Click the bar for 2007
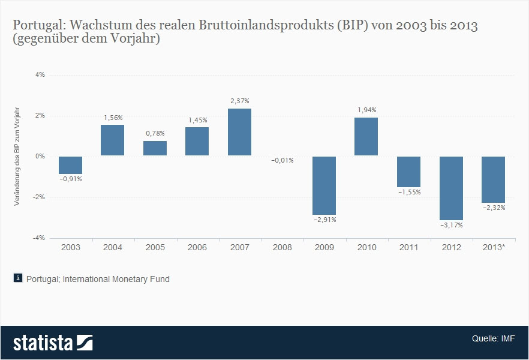tap(239, 132)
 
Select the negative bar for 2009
tap(324, 185)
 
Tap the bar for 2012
tap(451, 188)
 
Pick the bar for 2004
tap(112, 140)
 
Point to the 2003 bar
tap(70, 165)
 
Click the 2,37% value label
tap(239, 101)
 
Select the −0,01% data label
tap(282, 161)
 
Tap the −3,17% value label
tap(452, 225)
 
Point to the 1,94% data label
tap(366, 110)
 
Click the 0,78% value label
tap(155, 133)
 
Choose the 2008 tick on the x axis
tap(282, 247)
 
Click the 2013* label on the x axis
tap(494, 247)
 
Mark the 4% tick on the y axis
tap(40, 75)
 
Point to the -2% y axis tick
tap(39, 197)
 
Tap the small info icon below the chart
tap(18, 278)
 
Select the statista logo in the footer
tap(53, 343)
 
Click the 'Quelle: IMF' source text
tap(493, 338)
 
